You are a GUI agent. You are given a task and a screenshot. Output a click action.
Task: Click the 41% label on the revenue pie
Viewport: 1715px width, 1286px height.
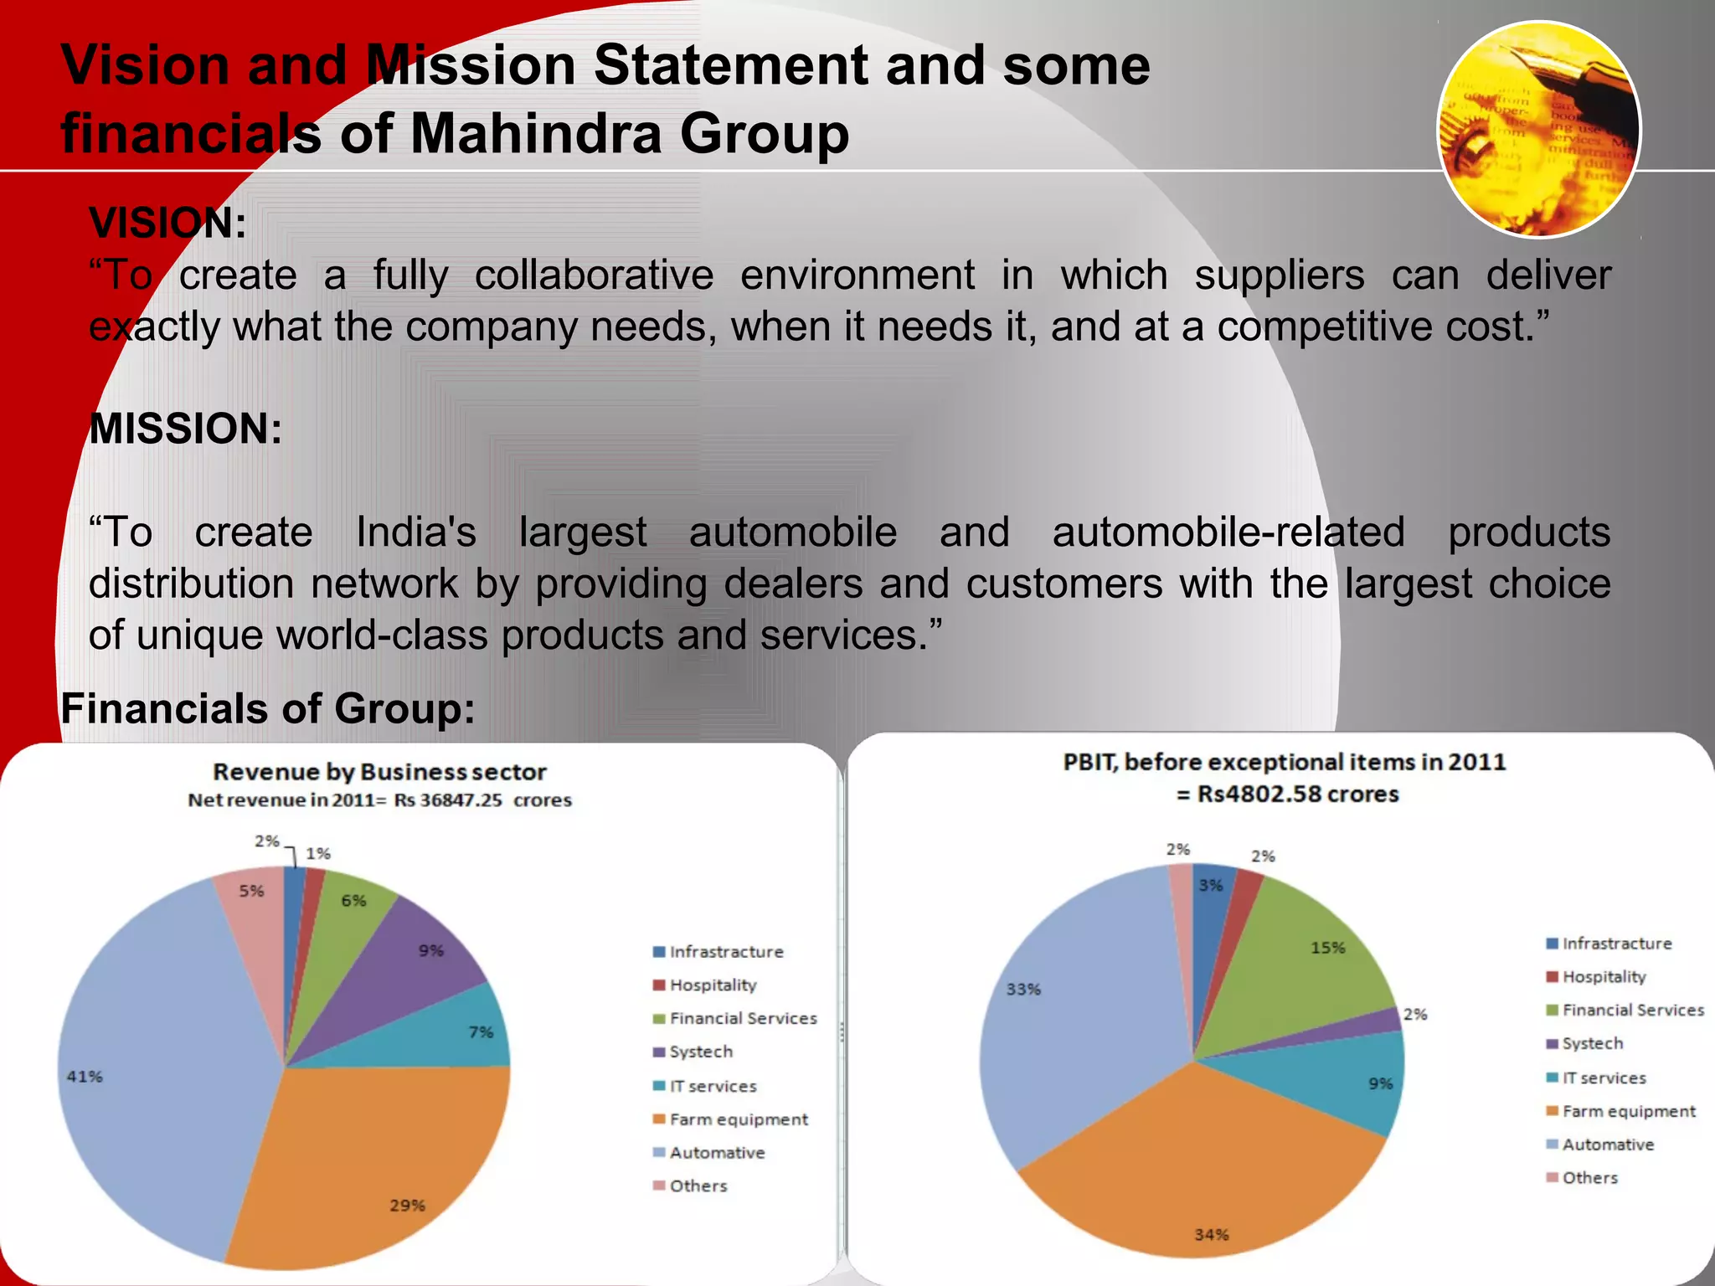pos(85,1077)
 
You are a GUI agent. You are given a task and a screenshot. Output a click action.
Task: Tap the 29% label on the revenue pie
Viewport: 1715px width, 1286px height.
pos(407,1206)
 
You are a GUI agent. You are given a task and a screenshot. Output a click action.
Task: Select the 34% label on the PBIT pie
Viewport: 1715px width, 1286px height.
pos(1211,1235)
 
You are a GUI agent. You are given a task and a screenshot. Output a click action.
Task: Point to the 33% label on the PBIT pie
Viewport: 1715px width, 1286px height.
pos(1023,990)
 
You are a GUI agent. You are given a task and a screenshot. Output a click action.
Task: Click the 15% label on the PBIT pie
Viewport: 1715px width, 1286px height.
pos(1327,949)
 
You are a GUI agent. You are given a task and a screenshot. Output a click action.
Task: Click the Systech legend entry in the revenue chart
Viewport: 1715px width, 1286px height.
pos(701,1052)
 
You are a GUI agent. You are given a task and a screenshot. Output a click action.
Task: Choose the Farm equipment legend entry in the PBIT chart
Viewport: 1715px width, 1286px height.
pos(1628,1112)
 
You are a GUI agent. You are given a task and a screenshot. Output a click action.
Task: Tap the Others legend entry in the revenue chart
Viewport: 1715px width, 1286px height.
pos(698,1186)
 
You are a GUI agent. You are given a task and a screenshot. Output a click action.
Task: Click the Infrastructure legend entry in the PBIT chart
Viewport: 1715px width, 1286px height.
pos(1616,944)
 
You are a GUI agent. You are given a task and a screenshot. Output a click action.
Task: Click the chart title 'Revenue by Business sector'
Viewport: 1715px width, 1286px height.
pos(379,772)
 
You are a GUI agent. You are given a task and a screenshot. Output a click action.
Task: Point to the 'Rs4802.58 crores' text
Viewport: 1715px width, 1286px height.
pos(1297,794)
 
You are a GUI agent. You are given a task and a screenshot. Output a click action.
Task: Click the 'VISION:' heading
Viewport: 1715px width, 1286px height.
pos(167,224)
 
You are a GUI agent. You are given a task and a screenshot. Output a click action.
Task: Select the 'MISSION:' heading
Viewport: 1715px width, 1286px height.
pos(185,429)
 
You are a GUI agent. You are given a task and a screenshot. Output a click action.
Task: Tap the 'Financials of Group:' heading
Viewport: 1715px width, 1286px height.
pos(268,708)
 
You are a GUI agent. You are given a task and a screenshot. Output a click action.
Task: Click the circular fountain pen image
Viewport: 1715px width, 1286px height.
pos(1539,130)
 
